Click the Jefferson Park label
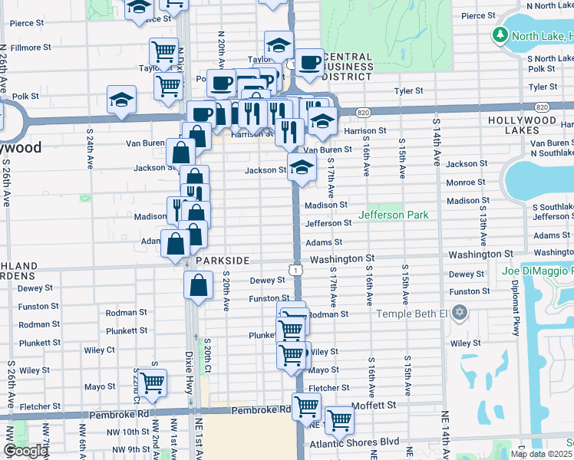[x=393, y=215]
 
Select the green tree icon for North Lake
[x=500, y=35]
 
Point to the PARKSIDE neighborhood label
[x=223, y=261]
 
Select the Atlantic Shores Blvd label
[x=355, y=442]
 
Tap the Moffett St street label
[x=374, y=404]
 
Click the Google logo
[x=25, y=451]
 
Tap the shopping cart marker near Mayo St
[x=153, y=382]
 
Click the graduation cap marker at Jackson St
[x=302, y=167]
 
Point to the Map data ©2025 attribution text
[x=542, y=453]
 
